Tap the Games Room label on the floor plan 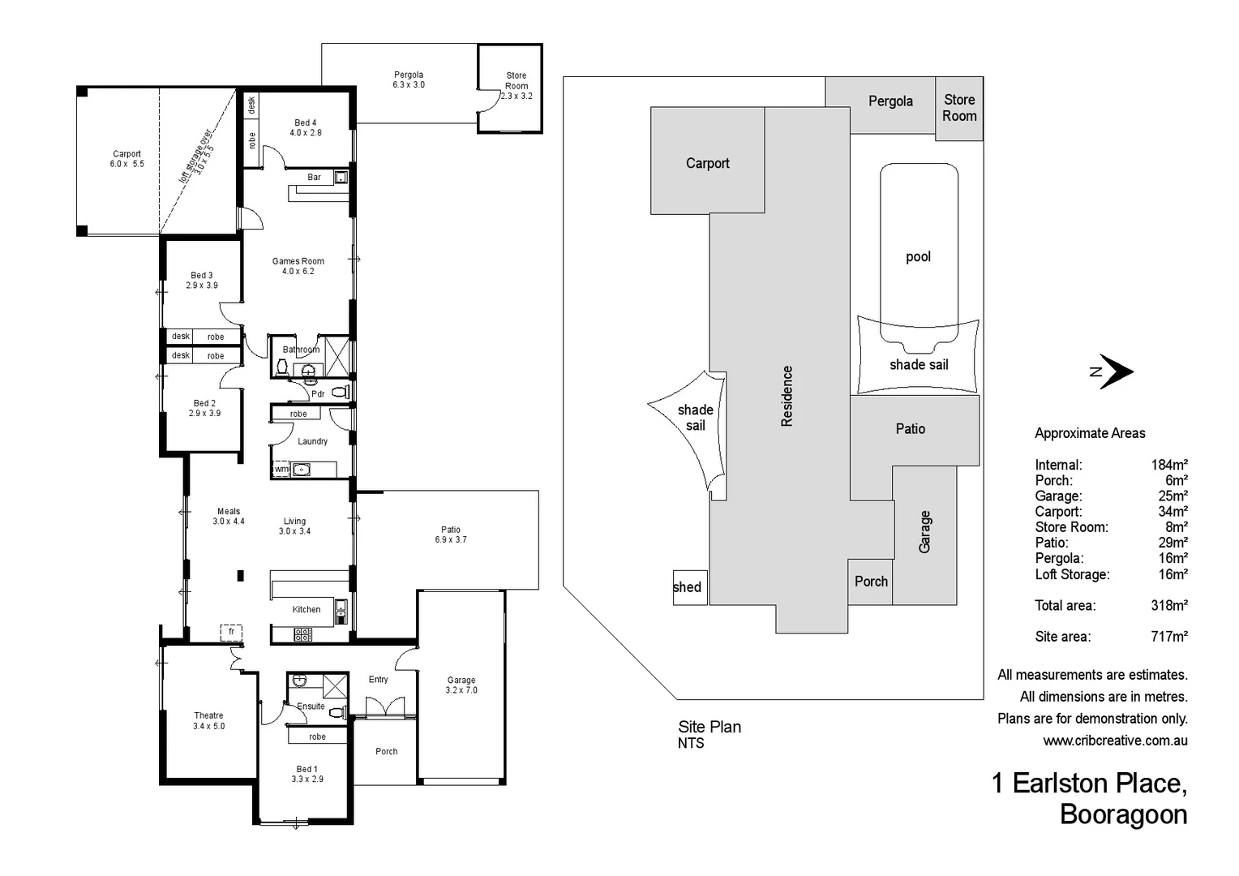[x=298, y=261]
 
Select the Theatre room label [x=208, y=715]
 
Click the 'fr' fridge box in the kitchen [x=231, y=632]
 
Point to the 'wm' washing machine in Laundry [x=281, y=470]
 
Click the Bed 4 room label [x=305, y=123]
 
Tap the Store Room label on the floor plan [x=517, y=80]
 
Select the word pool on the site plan [x=918, y=257]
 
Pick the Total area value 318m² [x=1168, y=605]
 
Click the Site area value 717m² [x=1168, y=637]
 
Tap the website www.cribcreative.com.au [x=1115, y=741]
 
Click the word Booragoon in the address [x=1123, y=814]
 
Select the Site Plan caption [x=710, y=727]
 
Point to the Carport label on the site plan [x=707, y=163]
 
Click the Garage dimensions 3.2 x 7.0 [x=461, y=690]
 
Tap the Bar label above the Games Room [x=314, y=177]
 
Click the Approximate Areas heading [x=1090, y=433]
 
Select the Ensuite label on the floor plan [x=311, y=706]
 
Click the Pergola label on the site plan [x=890, y=101]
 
